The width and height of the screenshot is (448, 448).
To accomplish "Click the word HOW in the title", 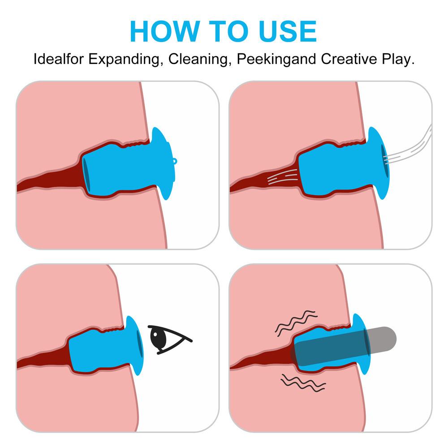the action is [165, 31].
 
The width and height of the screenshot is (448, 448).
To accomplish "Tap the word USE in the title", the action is [288, 31].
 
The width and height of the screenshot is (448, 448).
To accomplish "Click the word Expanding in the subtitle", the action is [124, 60].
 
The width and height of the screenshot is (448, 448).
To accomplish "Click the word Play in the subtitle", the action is [398, 60].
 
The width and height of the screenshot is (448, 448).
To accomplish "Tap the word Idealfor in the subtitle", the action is [59, 59].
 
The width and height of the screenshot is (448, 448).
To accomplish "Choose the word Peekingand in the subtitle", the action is [276, 60].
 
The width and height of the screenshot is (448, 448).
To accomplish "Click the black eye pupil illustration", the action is [158, 338].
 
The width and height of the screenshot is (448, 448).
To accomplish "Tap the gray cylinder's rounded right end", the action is [392, 338].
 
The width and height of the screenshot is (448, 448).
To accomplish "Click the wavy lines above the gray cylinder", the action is [296, 323].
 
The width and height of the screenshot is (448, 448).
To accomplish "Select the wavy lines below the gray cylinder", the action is [303, 383].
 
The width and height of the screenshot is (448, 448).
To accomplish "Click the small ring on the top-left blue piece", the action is [175, 162].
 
